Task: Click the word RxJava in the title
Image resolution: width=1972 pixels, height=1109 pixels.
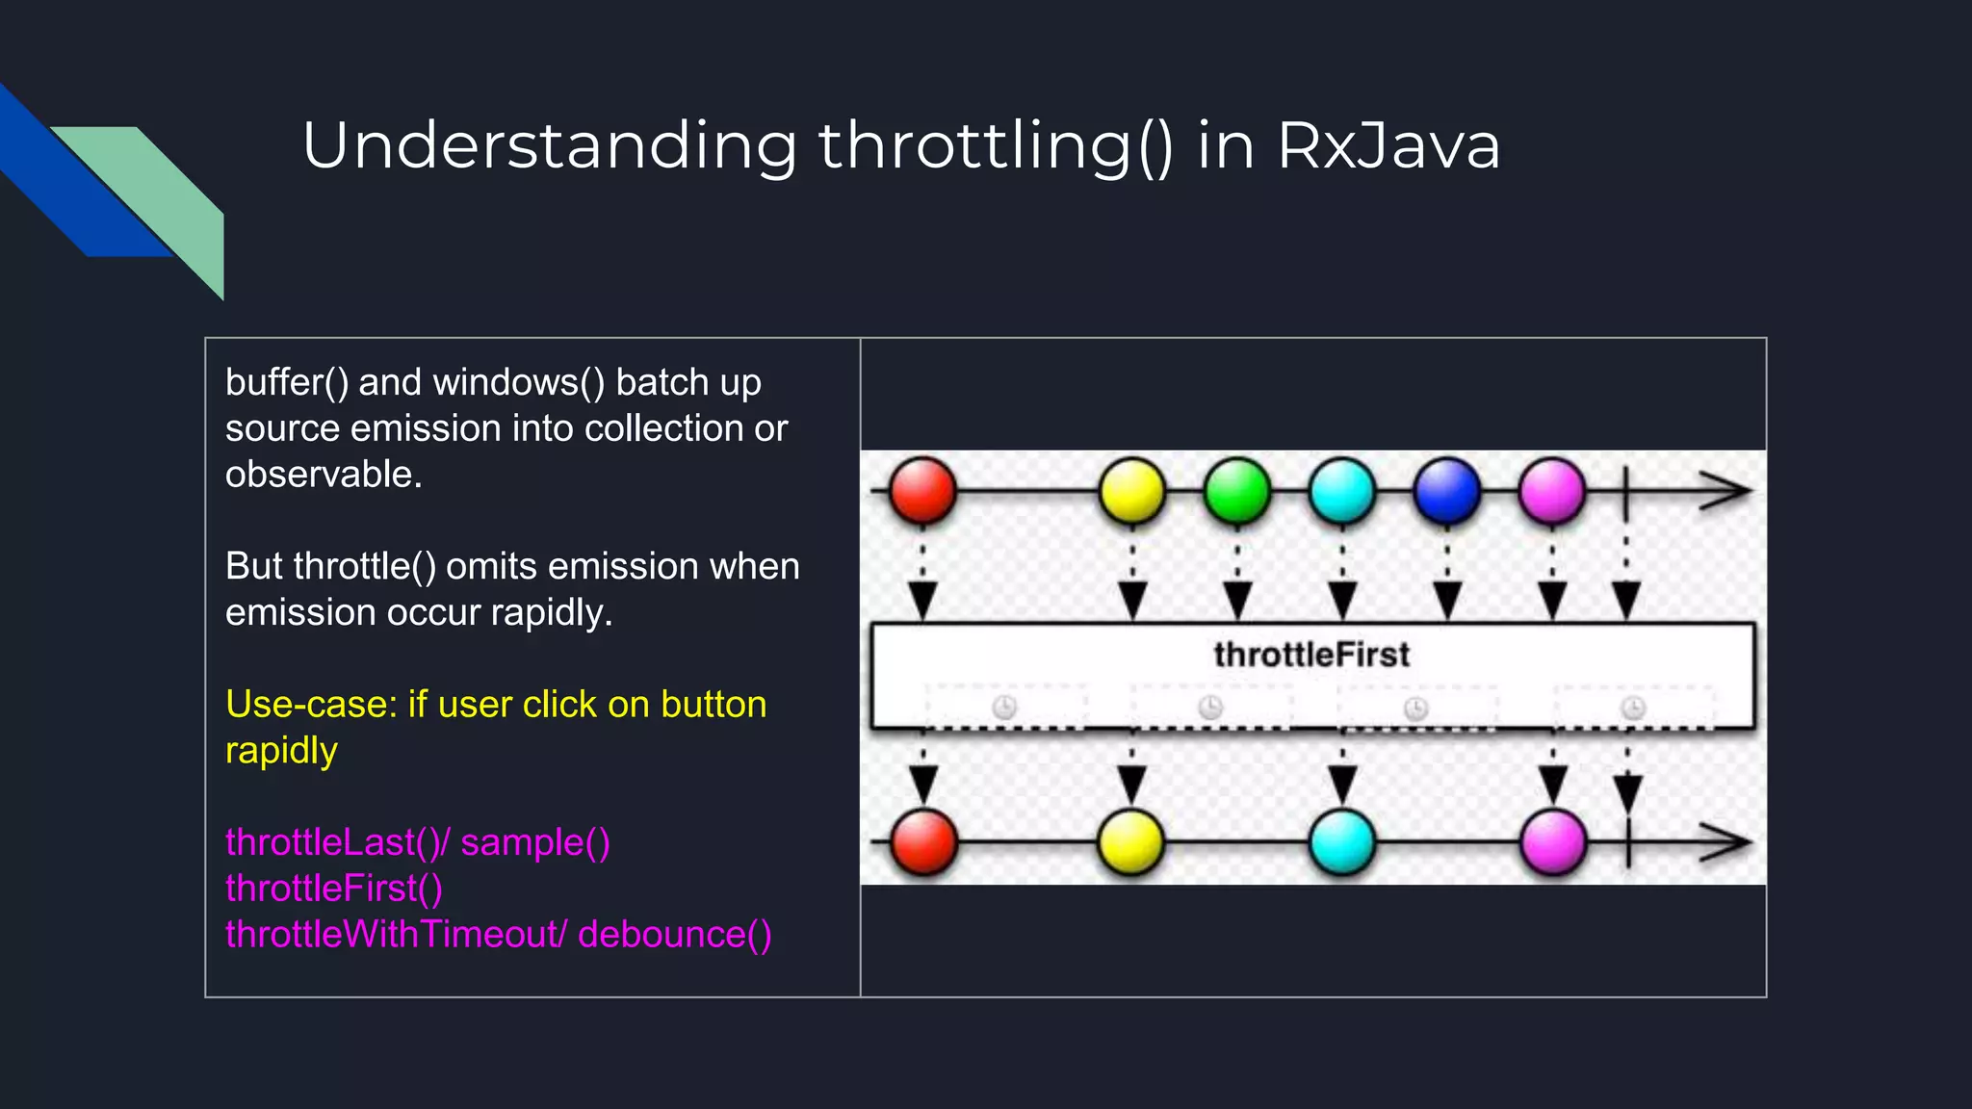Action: coord(1388,146)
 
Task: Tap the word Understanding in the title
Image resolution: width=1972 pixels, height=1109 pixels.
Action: coord(550,146)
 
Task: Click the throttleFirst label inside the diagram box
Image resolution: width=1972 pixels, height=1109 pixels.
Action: coord(1311,655)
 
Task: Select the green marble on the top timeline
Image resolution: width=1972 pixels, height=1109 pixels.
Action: coord(1237,490)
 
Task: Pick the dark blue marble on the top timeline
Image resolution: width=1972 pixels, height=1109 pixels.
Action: coord(1446,490)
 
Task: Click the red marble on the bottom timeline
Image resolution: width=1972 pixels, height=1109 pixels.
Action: coord(923,841)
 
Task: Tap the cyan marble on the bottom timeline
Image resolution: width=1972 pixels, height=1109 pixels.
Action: coord(1342,841)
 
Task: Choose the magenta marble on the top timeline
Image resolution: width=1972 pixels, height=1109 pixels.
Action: coord(1551,490)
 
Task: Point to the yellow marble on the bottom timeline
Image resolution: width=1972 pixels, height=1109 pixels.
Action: coord(1131,841)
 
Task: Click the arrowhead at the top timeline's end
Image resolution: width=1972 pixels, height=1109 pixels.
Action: coord(1725,490)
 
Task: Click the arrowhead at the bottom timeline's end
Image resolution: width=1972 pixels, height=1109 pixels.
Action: coord(1725,842)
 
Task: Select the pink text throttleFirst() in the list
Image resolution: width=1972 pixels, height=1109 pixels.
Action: coord(333,889)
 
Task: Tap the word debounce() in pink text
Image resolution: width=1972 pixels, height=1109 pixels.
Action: coord(674,935)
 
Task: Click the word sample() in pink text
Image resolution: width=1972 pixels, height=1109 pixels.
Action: coord(534,842)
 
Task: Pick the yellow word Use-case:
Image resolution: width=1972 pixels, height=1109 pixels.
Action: coord(310,705)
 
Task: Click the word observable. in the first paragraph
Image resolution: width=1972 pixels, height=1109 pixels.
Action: coord(324,475)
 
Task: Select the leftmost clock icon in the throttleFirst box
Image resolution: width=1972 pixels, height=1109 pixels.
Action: coord(1004,708)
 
